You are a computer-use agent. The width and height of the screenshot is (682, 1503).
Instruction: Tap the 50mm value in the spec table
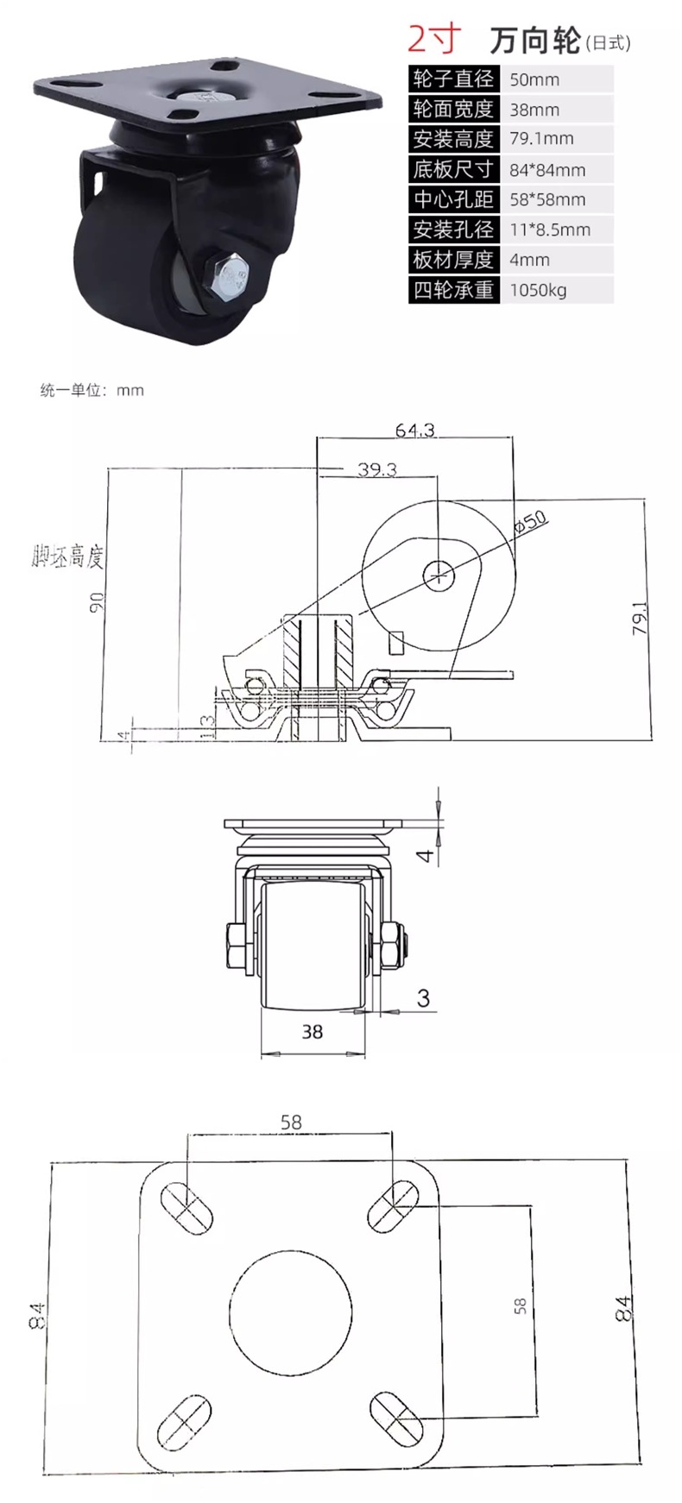click(534, 79)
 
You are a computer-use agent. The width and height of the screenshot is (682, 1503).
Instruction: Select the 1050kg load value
click(538, 290)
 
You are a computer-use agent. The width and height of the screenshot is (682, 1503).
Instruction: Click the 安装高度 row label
click(453, 139)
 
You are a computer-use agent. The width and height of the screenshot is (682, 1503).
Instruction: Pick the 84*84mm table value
click(547, 170)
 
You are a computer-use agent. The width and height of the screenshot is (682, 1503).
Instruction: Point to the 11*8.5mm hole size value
click(550, 230)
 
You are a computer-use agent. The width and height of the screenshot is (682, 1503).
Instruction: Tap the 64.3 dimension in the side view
click(415, 430)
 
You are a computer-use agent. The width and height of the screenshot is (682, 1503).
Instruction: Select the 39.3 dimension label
click(377, 469)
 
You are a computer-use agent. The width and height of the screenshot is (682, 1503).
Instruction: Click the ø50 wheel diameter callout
click(530, 521)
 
